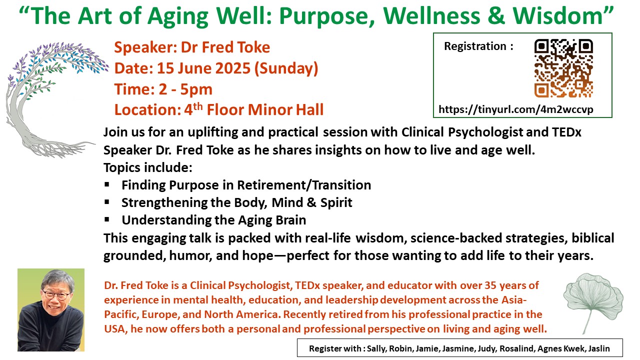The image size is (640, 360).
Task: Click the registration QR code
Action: tap(563, 68)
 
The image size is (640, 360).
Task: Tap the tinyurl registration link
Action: tap(515, 109)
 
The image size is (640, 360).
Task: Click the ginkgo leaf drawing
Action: tap(593, 303)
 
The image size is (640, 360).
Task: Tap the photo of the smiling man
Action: tap(51, 310)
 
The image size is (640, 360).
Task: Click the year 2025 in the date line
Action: tap(232, 68)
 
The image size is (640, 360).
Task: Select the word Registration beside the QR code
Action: tap(475, 46)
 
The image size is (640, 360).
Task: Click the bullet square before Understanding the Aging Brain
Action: tap(107, 219)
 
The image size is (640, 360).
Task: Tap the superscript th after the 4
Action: tap(197, 106)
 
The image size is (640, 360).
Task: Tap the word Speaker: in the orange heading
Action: tap(145, 47)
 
